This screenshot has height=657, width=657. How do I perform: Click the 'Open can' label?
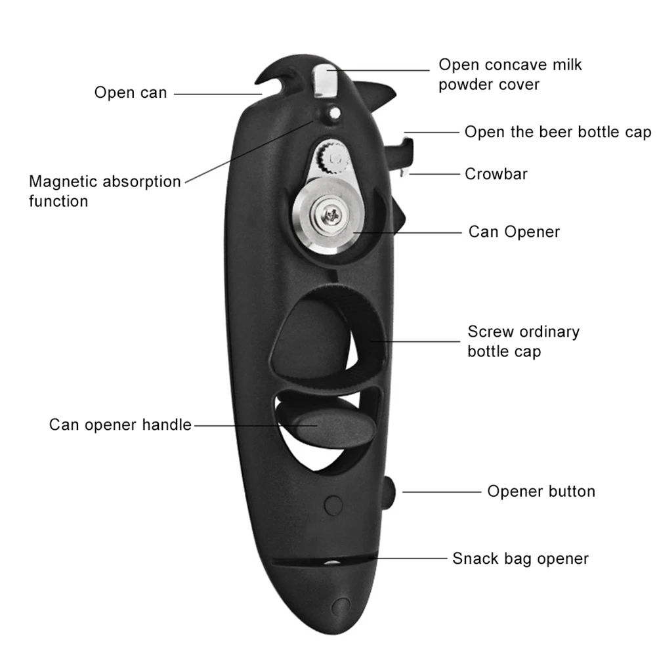click(x=131, y=93)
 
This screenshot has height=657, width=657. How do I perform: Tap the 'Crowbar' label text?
click(x=496, y=174)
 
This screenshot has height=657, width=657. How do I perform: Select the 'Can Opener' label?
click(x=513, y=232)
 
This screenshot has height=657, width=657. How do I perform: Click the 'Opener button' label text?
click(x=541, y=491)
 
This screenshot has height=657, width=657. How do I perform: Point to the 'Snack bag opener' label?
click(x=520, y=559)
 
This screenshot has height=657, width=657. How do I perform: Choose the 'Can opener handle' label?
click(x=120, y=425)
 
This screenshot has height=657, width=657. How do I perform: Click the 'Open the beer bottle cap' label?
click(x=557, y=132)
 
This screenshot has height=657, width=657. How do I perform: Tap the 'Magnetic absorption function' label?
click(x=104, y=191)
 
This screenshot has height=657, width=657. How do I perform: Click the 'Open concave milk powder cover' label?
click(x=510, y=74)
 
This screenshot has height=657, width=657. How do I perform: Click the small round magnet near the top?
click(x=334, y=114)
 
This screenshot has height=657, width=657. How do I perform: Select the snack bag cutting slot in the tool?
click(x=322, y=562)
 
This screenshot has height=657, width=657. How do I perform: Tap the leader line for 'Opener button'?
click(x=442, y=492)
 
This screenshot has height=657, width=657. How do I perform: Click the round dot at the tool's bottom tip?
click(x=340, y=604)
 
